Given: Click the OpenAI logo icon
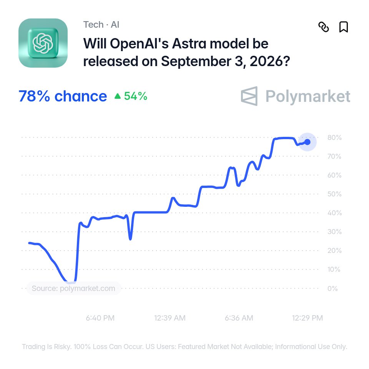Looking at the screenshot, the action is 43,43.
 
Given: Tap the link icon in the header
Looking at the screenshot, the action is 324,27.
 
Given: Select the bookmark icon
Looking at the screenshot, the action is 344,27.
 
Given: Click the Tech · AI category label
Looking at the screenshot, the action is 101,25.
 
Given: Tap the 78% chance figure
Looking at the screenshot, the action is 63,96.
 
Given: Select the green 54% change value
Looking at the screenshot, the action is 136,96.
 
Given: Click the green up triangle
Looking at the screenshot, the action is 118,96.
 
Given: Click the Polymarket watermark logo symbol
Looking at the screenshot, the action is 249,96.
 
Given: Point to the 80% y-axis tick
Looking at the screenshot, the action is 334,138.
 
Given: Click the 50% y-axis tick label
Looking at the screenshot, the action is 334,194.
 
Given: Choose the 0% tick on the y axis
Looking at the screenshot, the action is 332,288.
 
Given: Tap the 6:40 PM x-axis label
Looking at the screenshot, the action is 100,318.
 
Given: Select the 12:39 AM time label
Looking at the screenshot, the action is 170,318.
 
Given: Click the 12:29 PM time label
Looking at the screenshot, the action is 307,318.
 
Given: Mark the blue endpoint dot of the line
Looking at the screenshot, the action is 307,142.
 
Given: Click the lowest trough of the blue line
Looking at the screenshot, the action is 70,282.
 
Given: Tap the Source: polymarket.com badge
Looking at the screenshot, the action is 73,288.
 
